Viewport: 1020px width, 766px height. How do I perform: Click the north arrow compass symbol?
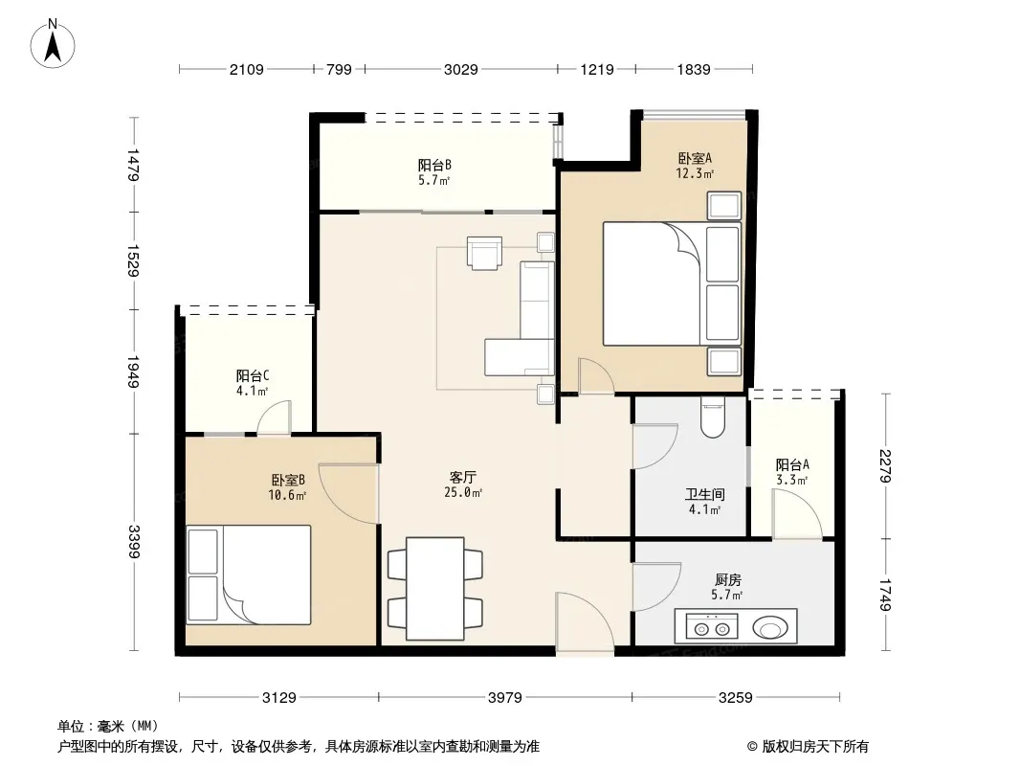point(53,43)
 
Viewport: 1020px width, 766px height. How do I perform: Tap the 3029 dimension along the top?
point(460,69)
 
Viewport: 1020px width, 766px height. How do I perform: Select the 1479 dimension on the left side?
point(134,165)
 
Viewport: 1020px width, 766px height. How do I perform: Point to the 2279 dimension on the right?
point(885,466)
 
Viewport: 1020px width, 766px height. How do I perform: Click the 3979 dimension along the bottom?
point(505,698)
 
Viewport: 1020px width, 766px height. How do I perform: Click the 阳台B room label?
point(434,166)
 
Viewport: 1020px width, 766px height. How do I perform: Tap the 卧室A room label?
point(695,158)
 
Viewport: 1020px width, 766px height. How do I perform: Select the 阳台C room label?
point(253,375)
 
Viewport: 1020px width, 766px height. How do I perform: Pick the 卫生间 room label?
point(704,495)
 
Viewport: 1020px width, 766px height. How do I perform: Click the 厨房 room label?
point(727,580)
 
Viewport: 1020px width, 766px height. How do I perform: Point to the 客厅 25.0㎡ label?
point(462,484)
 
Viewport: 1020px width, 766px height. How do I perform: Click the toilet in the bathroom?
point(714,417)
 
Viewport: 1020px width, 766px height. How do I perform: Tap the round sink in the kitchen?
point(770,628)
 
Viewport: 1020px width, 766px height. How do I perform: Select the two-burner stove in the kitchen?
point(712,627)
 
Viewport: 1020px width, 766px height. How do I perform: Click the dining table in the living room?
point(435,588)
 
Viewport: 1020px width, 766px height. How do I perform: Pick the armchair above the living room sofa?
point(484,253)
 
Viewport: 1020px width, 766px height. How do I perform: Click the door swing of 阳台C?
point(274,417)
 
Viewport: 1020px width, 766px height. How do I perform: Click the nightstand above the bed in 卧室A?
point(724,206)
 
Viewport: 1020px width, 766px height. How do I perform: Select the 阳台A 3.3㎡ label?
point(791,472)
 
